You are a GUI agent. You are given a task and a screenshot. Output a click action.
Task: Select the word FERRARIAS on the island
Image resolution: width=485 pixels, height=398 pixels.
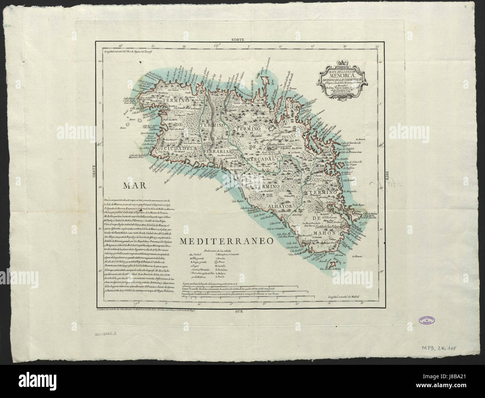click(x=218, y=152)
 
